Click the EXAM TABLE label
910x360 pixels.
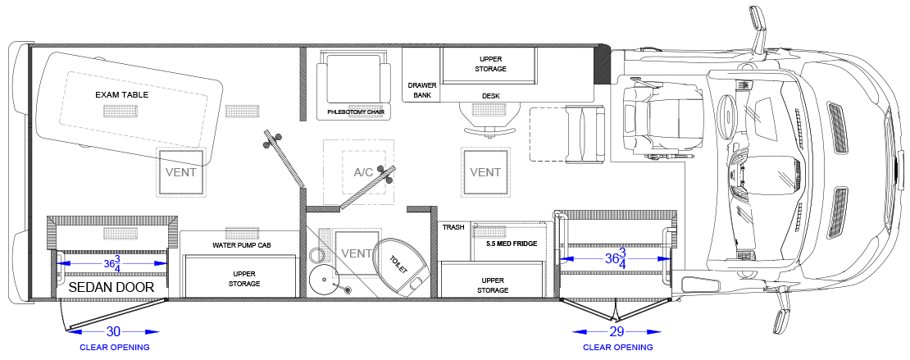pos(122,94)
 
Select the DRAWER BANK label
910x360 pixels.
pos(422,90)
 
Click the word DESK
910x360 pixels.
pos(490,96)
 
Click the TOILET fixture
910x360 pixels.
pos(400,266)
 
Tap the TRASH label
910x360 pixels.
pos(453,227)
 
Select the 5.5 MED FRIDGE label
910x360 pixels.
pos(512,244)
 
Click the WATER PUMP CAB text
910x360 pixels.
pos(241,245)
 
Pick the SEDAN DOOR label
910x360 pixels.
pos(111,287)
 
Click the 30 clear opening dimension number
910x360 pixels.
pos(113,332)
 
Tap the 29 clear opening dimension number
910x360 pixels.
pos(617,332)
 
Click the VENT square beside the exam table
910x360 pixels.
pos(180,172)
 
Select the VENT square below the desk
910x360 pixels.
pos(485,172)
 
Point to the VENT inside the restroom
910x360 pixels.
pos(357,253)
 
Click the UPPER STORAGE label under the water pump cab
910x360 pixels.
pos(246,279)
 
